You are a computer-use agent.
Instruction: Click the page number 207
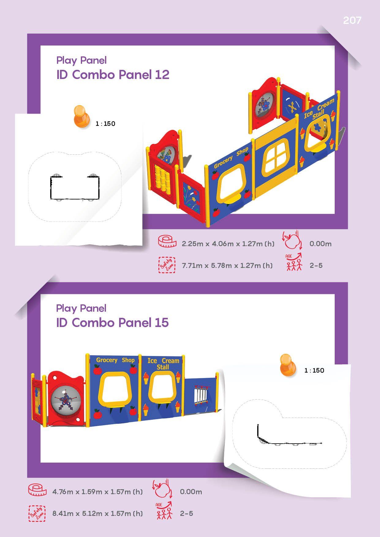click(352, 20)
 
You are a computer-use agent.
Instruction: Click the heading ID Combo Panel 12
click(113, 75)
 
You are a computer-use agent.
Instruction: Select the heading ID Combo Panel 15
click(112, 322)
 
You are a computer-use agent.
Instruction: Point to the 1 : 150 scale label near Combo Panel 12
click(105, 124)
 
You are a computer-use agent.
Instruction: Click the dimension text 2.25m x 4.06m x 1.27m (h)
click(228, 244)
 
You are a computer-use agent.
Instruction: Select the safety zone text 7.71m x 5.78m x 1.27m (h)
click(227, 265)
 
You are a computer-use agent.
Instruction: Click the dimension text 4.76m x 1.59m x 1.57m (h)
click(97, 492)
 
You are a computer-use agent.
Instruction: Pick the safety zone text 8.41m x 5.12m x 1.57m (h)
click(97, 513)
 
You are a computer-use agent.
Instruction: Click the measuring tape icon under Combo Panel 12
click(167, 242)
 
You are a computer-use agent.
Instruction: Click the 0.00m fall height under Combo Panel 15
click(191, 492)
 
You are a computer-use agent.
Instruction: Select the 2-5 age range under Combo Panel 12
click(316, 265)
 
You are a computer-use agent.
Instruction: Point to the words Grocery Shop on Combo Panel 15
click(115, 360)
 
